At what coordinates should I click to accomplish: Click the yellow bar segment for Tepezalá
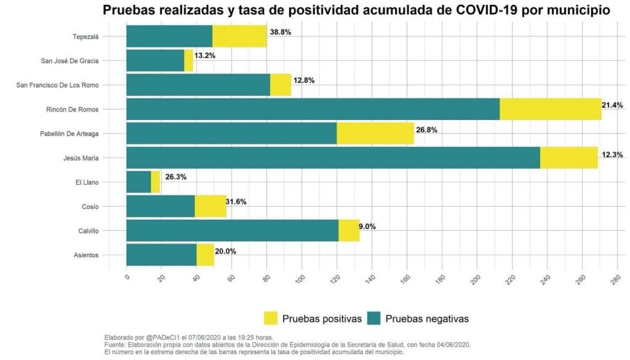coord(239,36)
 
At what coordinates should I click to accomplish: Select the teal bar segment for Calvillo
coord(232,231)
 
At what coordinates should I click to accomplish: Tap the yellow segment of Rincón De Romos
coord(550,109)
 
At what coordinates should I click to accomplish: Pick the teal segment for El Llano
coord(138,182)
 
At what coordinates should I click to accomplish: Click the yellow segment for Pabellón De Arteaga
coord(375,134)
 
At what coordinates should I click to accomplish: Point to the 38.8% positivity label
coord(281,32)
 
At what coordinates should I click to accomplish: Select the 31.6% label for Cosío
coord(236,202)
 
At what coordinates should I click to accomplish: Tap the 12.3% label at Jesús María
coord(612,154)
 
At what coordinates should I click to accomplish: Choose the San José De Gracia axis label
coord(70,60)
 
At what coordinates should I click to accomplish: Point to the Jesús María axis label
coord(81,158)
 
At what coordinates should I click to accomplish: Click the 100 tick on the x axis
coord(300,279)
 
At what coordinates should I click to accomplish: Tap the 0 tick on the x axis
coord(126,278)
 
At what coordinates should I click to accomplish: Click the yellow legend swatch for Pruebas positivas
coord(271,318)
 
